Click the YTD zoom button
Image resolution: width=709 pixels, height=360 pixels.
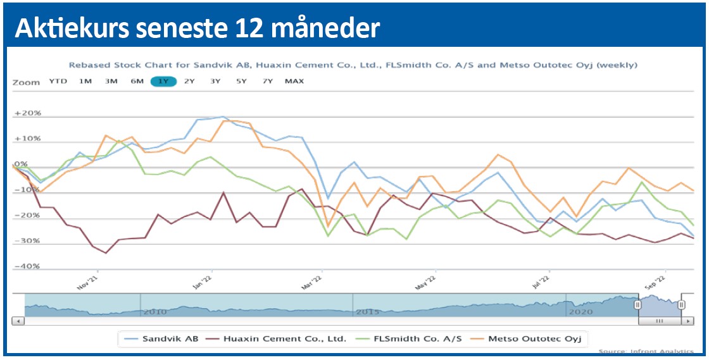coord(58,82)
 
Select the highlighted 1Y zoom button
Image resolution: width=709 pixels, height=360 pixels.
coord(163,82)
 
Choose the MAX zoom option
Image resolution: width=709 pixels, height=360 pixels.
coord(294,82)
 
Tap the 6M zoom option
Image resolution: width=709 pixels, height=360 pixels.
coord(137,82)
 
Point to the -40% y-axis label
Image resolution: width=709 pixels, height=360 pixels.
coord(27,266)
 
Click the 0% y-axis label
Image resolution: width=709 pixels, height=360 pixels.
coord(21,164)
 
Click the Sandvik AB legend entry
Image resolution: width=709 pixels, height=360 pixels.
coord(164,338)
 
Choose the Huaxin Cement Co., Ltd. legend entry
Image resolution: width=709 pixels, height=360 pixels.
coord(285,338)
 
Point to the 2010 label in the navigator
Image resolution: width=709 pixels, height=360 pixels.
coord(155,312)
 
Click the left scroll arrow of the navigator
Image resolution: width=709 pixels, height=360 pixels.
coord(19,321)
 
